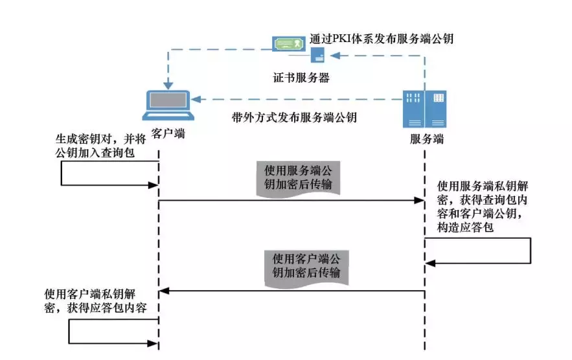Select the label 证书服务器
[x=301, y=78]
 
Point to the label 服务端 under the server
[x=427, y=139]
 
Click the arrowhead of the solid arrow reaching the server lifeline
[x=420, y=201]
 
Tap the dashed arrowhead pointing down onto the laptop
[x=168, y=84]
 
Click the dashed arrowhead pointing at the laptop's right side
[x=197, y=100]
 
